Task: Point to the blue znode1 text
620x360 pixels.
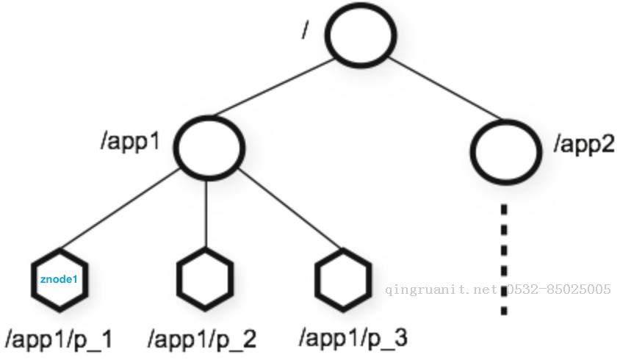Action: click(59, 280)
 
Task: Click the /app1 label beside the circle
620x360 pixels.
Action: click(130, 141)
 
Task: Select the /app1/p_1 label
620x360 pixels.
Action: click(59, 339)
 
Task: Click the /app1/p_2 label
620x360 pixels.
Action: click(202, 339)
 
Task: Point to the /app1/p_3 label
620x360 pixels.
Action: click(353, 337)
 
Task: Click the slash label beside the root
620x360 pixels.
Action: click(304, 29)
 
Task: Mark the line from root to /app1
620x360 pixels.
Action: click(273, 88)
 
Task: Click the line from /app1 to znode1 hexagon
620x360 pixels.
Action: click(120, 209)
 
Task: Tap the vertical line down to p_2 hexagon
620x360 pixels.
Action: click(206, 215)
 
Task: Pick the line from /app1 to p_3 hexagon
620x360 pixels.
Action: click(290, 209)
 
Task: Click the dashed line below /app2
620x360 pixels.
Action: click(504, 259)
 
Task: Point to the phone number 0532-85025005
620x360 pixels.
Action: click(558, 289)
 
